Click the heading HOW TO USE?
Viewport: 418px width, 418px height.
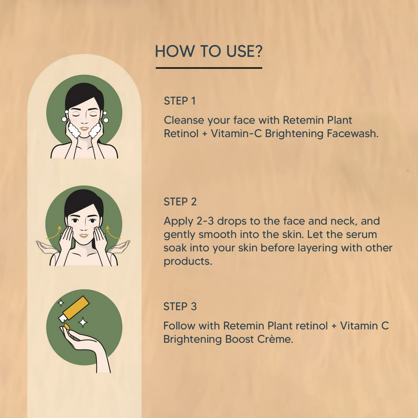tap(209, 51)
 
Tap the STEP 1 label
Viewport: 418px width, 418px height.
tap(180, 101)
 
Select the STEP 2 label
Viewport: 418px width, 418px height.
tap(180, 202)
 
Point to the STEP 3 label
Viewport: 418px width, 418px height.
tap(180, 307)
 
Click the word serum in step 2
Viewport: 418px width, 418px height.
tap(362, 234)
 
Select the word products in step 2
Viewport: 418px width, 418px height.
tap(187, 261)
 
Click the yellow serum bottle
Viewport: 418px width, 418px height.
tap(76, 308)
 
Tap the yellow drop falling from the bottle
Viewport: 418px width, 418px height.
tap(67, 326)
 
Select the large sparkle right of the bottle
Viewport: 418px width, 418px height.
tap(83, 323)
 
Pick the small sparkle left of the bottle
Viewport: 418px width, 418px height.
tap(61, 303)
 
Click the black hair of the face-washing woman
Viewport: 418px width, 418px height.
tap(84, 93)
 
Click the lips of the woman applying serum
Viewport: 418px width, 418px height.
tap(84, 235)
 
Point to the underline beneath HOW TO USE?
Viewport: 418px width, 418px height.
tap(209, 68)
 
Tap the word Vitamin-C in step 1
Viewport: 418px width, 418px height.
tap(236, 134)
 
